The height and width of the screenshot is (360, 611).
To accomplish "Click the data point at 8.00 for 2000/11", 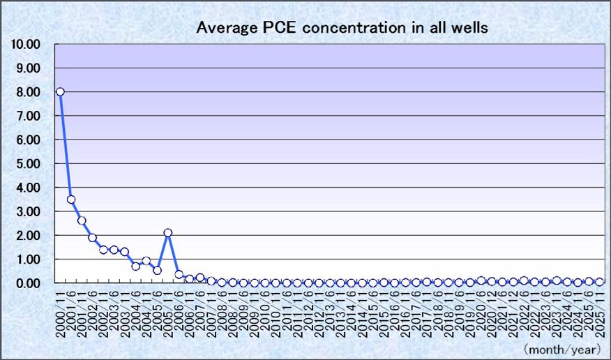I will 60,91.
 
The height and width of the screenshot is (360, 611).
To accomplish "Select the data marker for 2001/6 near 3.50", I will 71,200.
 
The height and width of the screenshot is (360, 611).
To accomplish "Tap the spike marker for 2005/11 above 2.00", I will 168,233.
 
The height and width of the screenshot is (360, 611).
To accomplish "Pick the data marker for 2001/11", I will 82,220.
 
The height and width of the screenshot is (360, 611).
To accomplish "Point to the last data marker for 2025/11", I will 600,282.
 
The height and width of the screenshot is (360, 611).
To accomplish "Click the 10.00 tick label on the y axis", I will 26,44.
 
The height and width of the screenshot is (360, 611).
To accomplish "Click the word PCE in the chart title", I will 276,28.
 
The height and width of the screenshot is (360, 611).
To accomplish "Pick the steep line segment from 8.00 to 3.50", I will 66,146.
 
